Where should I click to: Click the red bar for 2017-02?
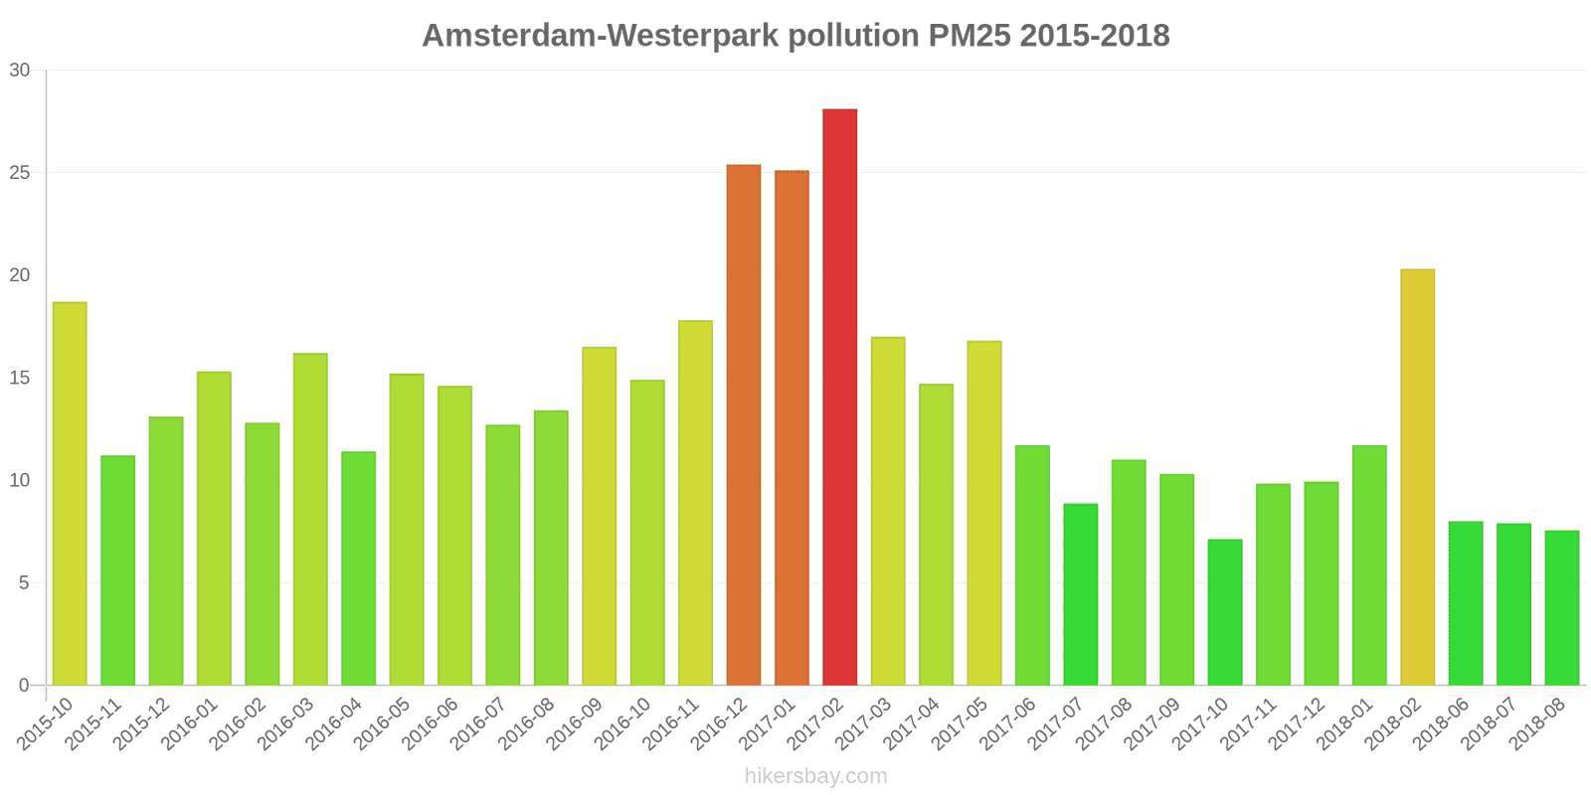click(x=839, y=397)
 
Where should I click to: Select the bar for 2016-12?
click(x=743, y=425)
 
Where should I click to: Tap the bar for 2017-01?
click(x=792, y=427)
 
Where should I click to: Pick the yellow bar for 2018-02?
click(x=1417, y=477)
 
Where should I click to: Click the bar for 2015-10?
click(x=70, y=494)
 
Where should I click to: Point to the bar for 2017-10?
click(x=1224, y=612)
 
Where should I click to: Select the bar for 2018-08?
click(x=1561, y=608)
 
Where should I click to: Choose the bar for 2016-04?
click(x=358, y=568)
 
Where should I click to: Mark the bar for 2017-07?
click(x=1080, y=594)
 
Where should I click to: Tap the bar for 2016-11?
click(x=695, y=503)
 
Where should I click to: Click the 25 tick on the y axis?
click(x=20, y=173)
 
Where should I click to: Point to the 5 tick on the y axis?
click(x=24, y=583)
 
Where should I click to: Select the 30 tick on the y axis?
click(x=20, y=71)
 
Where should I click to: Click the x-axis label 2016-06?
click(x=432, y=724)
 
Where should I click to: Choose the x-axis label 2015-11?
click(x=94, y=724)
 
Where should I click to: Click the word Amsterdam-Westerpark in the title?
click(x=600, y=36)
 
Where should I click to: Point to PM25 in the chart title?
click(x=970, y=36)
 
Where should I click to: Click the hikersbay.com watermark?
click(x=815, y=776)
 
